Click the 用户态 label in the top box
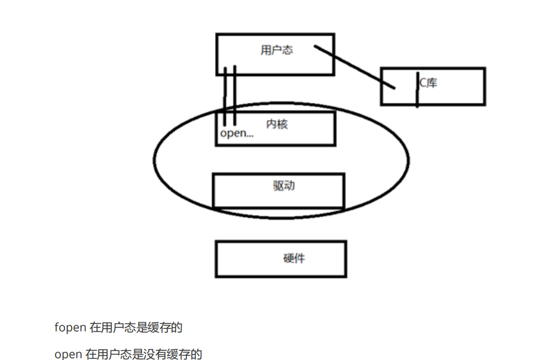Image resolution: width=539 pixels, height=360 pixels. pyautogui.click(x=277, y=50)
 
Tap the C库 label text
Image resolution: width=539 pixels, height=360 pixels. pyautogui.click(x=428, y=83)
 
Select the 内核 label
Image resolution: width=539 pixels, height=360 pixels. pyautogui.click(x=276, y=124)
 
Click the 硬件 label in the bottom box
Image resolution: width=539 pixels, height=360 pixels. pyautogui.click(x=295, y=259)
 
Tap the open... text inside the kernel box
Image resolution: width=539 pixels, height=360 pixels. pyautogui.click(x=237, y=133)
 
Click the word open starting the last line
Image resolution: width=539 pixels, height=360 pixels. pyautogui.click(x=68, y=355)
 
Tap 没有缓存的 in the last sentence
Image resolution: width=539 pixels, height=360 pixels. pyautogui.click(x=174, y=355)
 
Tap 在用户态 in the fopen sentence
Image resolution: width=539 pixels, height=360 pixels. pyautogui.click(x=109, y=328)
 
